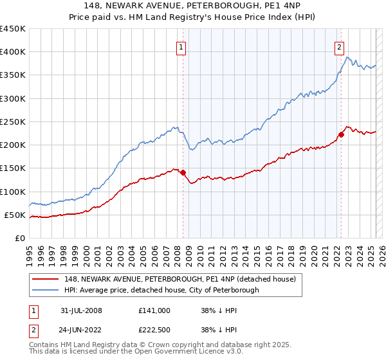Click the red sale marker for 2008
pos(183,172)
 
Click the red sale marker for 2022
pos(341,134)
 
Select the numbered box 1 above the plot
pos(181,46)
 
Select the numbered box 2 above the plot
pos(339,46)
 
